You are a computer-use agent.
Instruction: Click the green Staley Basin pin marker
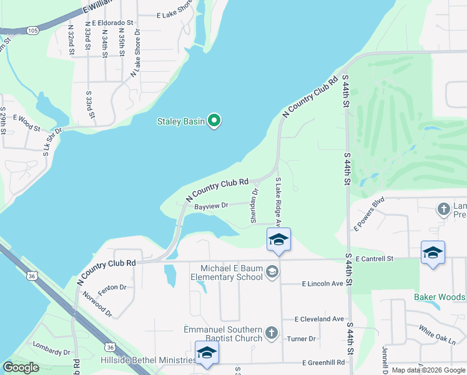(x=214, y=120)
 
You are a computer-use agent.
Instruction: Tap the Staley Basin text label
(x=180, y=121)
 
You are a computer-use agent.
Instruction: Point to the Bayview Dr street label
(x=212, y=205)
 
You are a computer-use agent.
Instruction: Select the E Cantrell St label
(x=375, y=258)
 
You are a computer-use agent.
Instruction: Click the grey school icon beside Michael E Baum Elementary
(x=272, y=271)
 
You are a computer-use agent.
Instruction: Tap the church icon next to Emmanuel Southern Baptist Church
(x=272, y=332)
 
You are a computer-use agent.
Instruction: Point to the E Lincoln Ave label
(x=322, y=284)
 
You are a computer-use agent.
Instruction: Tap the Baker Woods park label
(x=440, y=297)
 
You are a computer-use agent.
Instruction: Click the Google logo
(x=21, y=367)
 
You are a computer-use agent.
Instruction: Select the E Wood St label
(x=26, y=122)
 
